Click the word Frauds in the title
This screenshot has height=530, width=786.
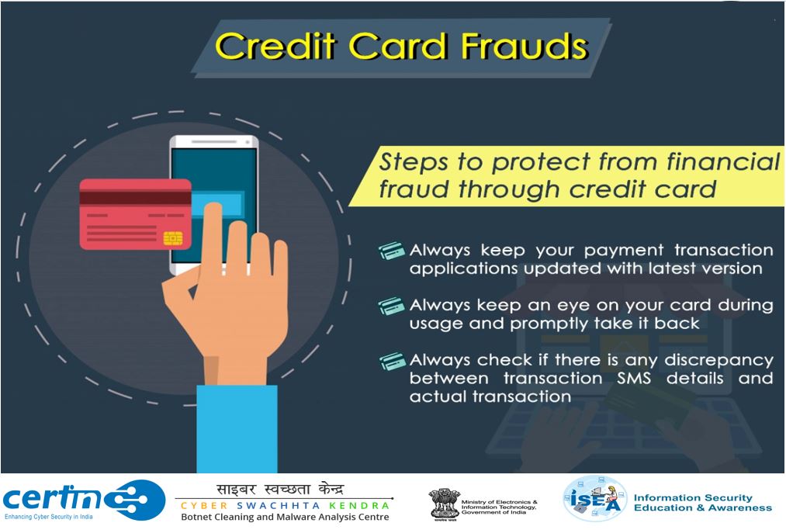[524, 46]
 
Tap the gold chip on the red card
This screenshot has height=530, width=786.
[173, 238]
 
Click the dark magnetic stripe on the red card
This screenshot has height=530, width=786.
[135, 198]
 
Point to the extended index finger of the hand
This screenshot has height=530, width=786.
[213, 236]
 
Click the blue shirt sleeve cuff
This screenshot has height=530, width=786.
[237, 428]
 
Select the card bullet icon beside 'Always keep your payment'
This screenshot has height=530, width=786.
[392, 250]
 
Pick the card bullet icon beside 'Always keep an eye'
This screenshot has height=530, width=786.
[392, 306]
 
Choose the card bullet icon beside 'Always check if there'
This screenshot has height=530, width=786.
[392, 360]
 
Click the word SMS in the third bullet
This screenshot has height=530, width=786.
[634, 378]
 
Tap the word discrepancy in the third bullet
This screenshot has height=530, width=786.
[718, 361]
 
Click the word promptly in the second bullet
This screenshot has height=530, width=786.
[550, 324]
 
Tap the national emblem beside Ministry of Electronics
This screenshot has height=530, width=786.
[444, 504]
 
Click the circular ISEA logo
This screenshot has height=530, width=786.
[595, 498]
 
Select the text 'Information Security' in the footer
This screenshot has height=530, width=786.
[693, 498]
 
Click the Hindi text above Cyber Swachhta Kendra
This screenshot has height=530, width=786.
[280, 489]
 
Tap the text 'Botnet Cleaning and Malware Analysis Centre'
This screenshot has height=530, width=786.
[285, 517]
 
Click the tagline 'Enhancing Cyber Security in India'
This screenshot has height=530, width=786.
[49, 517]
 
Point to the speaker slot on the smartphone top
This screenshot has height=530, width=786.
[214, 142]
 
